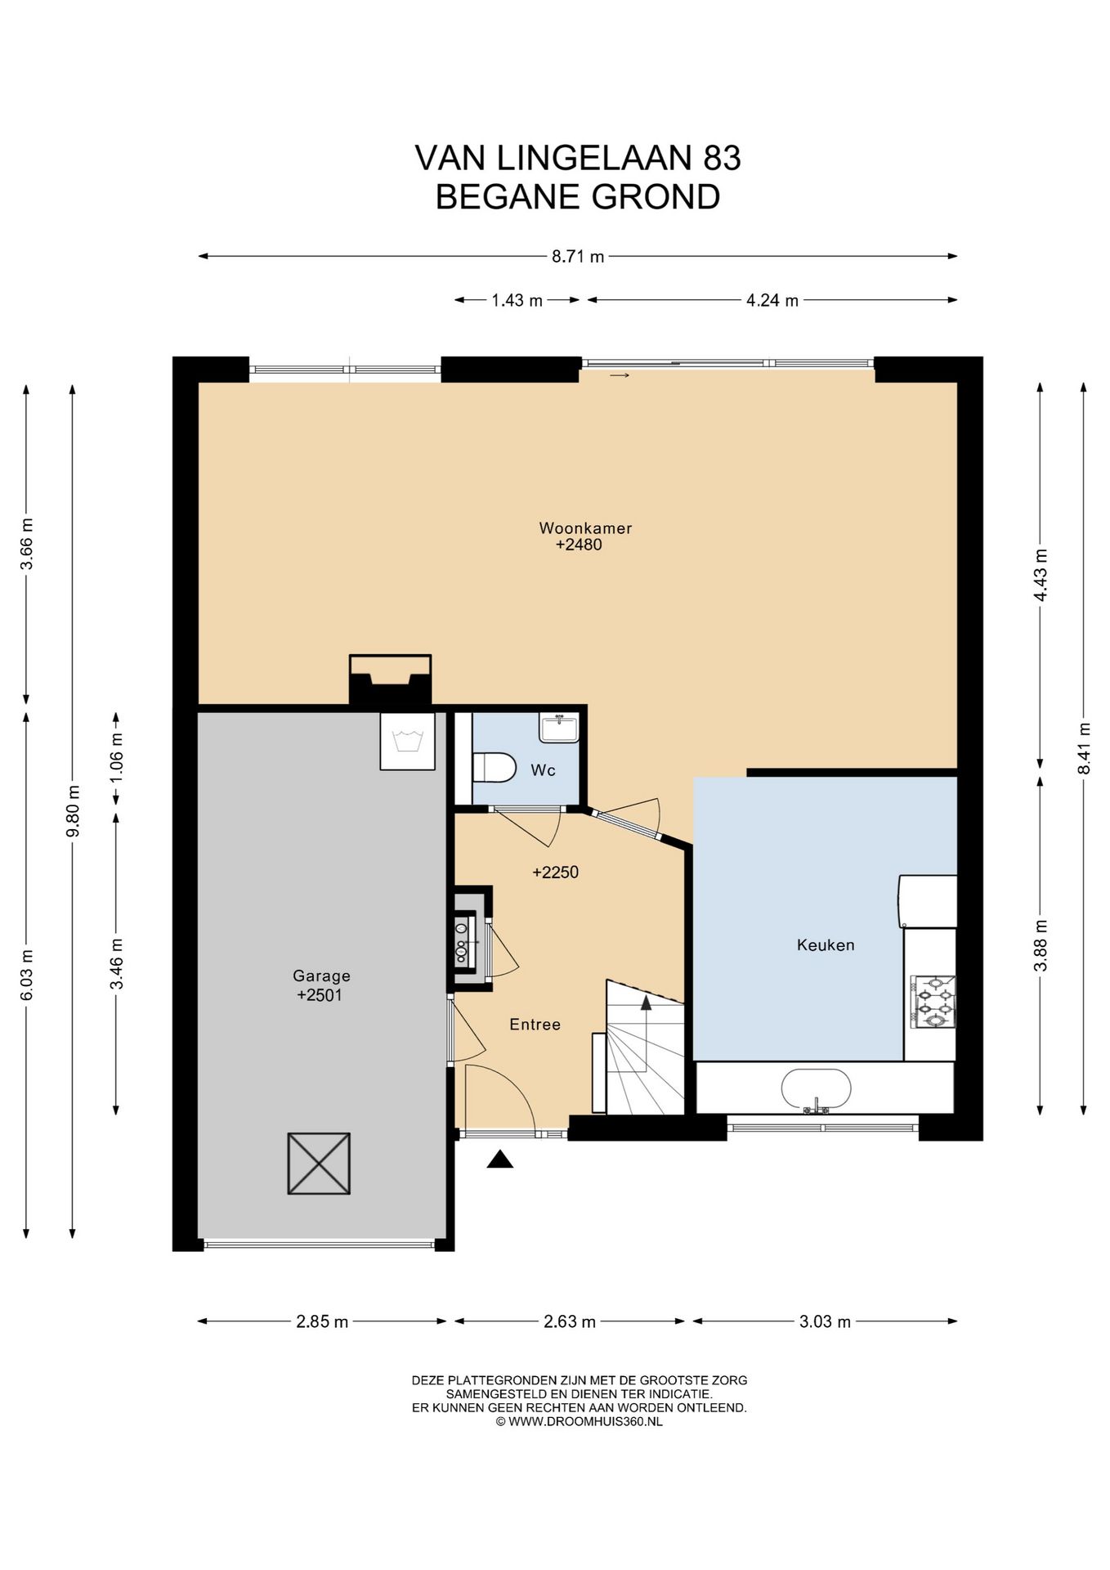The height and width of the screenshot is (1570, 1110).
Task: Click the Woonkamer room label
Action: click(585, 528)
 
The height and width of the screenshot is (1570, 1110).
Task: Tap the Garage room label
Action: click(321, 976)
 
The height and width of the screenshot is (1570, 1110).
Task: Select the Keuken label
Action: click(826, 945)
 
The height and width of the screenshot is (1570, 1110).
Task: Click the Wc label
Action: click(543, 770)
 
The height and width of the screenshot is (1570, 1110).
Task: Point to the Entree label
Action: click(535, 1025)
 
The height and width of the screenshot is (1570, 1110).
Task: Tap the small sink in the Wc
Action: click(559, 727)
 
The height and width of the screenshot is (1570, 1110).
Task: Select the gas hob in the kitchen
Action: click(933, 1002)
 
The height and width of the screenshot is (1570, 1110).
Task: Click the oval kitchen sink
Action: click(816, 1090)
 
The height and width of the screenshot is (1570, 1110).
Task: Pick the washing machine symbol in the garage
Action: click(407, 741)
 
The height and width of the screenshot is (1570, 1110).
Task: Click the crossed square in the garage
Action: click(319, 1164)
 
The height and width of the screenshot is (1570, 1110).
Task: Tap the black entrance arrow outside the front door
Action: click(500, 1160)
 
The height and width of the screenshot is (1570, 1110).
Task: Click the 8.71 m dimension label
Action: click(578, 257)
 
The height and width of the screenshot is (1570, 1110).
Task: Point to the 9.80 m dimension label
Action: click(74, 810)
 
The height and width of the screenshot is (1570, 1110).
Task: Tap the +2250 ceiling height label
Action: click(555, 872)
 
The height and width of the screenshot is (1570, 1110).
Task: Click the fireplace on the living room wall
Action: click(390, 680)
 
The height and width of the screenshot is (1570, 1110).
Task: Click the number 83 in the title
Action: click(722, 158)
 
